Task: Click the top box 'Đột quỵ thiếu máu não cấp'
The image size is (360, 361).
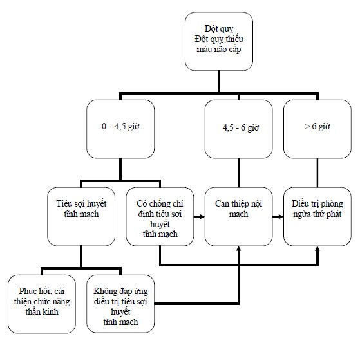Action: [219, 41]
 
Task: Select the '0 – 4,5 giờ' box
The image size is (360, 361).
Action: [120, 129]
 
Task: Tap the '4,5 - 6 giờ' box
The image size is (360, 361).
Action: [238, 129]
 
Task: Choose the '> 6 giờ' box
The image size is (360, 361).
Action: [317, 129]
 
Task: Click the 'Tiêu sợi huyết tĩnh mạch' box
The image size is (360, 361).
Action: [81, 217]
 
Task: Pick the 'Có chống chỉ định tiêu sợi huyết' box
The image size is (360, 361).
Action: [160, 217]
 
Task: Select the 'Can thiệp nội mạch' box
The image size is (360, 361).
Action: [238, 217]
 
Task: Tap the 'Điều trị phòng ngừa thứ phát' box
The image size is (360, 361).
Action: [317, 217]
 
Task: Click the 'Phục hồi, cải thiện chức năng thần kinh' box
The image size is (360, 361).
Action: [42, 304]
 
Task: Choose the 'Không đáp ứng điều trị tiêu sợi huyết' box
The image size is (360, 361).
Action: [120, 304]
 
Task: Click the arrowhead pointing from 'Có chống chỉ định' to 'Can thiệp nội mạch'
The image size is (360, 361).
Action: [202, 216]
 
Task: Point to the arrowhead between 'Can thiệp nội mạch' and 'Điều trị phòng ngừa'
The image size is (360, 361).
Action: [281, 216]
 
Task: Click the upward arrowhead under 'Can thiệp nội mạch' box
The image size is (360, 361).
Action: [238, 248]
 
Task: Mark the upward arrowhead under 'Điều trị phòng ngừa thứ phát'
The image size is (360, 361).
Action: [317, 248]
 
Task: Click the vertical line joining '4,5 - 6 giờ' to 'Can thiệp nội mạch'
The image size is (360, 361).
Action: [238, 173]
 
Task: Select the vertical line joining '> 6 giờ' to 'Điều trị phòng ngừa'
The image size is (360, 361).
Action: [317, 173]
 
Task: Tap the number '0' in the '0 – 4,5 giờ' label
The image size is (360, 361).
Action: [104, 126]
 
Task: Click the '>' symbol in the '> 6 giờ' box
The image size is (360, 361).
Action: [307, 126]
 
